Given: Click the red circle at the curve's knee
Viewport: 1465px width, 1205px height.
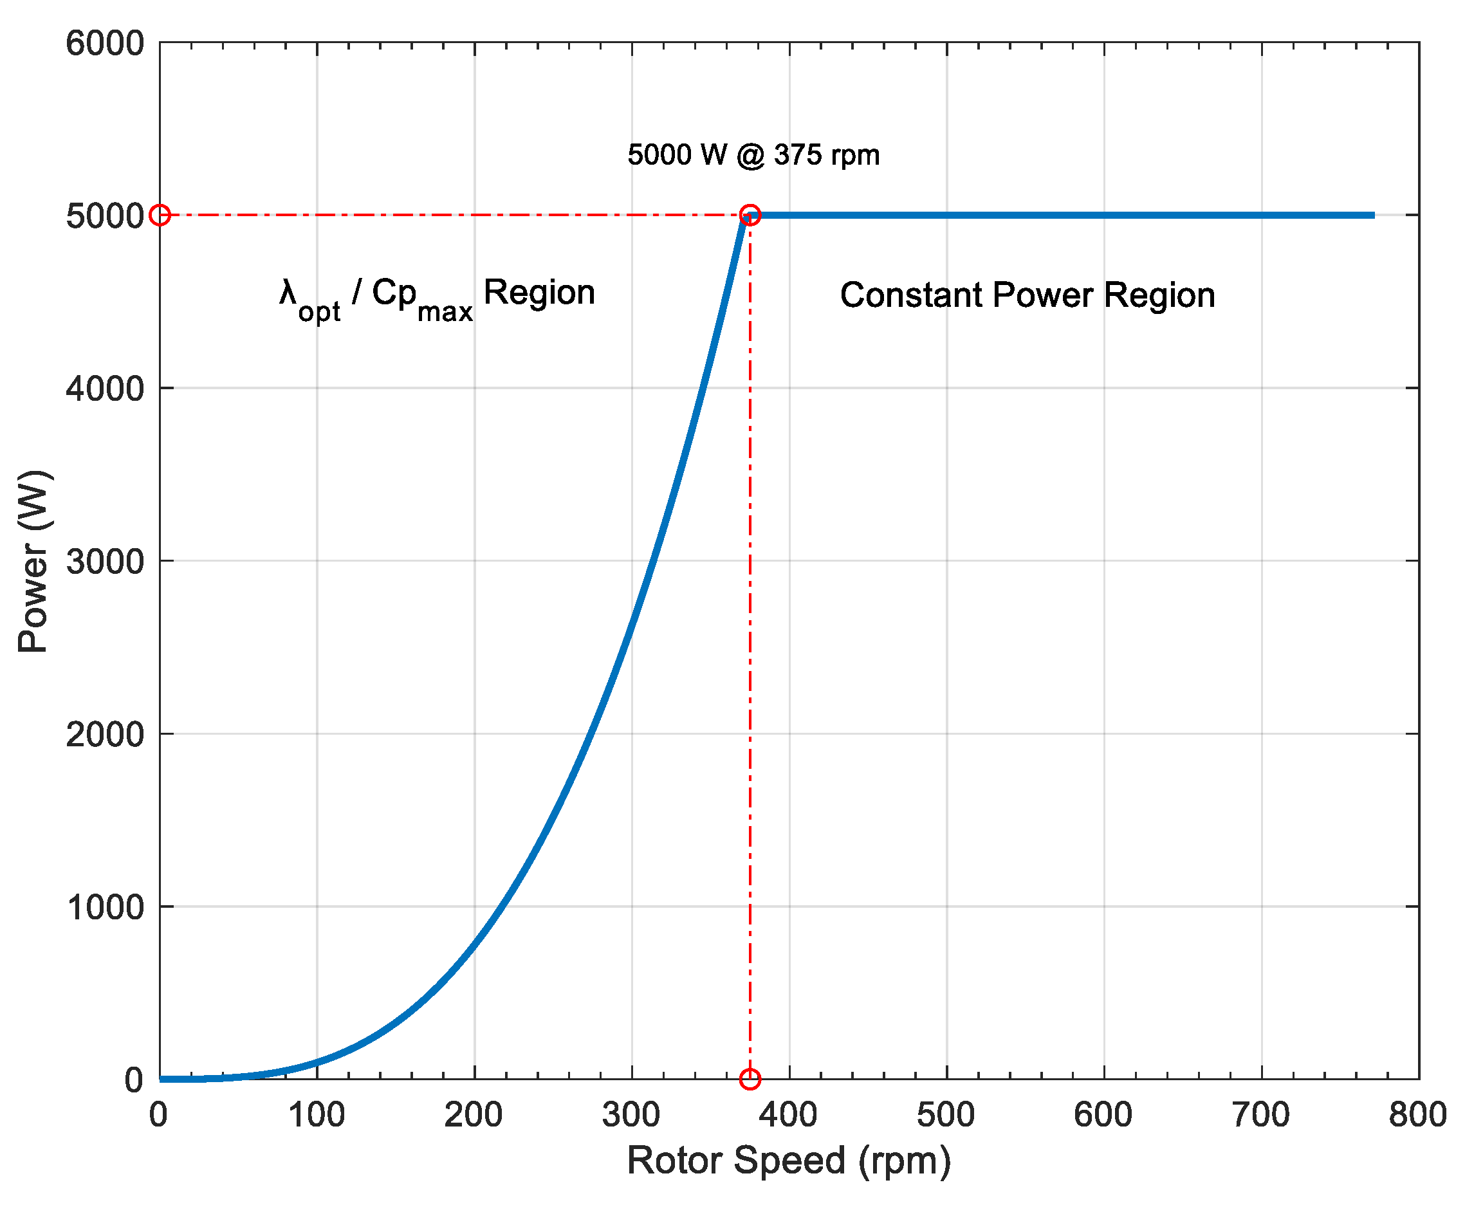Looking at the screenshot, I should (x=750, y=214).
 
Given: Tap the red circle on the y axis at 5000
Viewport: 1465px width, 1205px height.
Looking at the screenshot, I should (x=160, y=214).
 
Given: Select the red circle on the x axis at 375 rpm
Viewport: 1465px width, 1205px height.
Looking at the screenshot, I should (x=750, y=1079).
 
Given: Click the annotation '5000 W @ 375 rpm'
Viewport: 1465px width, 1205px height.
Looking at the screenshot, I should (x=753, y=155).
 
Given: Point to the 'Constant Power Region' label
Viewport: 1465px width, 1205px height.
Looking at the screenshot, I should (x=1027, y=295).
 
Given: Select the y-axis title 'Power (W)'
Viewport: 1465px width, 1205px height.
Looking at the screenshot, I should (x=33, y=561).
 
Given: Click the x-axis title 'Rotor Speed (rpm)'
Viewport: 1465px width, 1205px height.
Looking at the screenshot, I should (x=788, y=1160).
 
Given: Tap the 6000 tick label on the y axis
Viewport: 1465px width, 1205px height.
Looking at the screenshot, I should (x=105, y=43).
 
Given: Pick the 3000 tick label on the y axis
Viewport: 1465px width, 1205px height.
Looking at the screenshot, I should (x=105, y=561).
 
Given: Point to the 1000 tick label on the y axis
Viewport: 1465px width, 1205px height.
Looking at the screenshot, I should (x=105, y=906).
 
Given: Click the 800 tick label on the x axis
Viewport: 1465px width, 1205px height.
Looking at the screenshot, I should (x=1417, y=1115).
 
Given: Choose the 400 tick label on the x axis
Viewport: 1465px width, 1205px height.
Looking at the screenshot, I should (x=788, y=1115).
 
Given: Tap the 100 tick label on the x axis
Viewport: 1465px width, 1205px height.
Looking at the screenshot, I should (x=317, y=1115).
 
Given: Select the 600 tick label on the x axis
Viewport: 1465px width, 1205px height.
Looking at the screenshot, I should (x=1103, y=1115).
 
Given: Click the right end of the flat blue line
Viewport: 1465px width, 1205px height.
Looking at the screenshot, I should (x=1371, y=215).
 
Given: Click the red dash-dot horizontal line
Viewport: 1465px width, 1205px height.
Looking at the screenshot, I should (x=451, y=215).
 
